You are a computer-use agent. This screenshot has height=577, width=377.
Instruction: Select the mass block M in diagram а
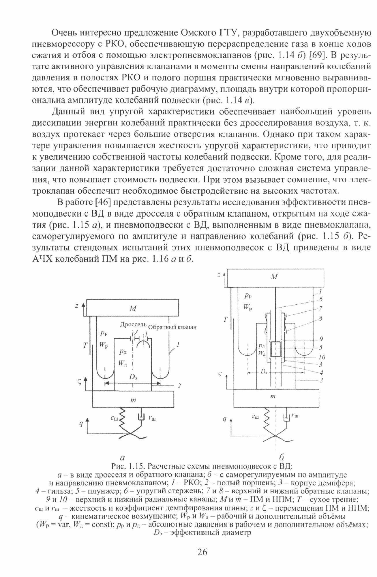[133, 308]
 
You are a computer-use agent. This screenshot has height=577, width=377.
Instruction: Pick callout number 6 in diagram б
[321, 299]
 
